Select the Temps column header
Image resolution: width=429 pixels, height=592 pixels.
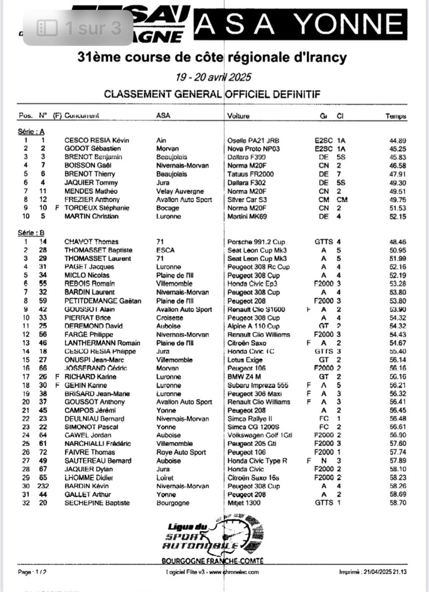point(396,116)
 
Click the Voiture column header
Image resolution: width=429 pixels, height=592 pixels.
point(239,116)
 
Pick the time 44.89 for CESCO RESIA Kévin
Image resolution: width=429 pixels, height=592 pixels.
point(397,140)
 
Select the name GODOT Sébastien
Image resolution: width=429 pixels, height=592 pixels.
point(92,148)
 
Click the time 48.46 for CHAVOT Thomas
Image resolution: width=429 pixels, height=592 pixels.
point(397,242)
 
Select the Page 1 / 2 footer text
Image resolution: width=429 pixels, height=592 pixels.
point(32,572)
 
